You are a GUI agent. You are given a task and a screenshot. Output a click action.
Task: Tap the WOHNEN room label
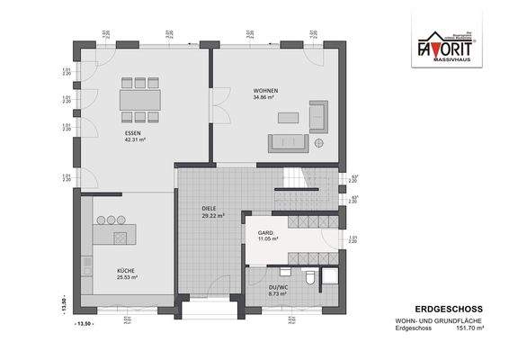click(x=264, y=92)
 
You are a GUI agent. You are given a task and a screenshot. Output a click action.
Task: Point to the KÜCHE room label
click(x=126, y=270)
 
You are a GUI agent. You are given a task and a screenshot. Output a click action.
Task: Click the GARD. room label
click(x=266, y=231)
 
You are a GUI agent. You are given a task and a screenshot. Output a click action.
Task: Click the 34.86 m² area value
click(x=264, y=99)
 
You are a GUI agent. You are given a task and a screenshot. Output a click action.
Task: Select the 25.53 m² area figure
click(x=127, y=277)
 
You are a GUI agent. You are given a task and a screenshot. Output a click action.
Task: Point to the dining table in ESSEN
click(x=140, y=97)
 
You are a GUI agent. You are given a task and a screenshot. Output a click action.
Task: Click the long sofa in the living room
click(x=287, y=142)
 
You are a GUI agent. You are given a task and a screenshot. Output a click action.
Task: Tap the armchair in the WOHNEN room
click(x=319, y=114)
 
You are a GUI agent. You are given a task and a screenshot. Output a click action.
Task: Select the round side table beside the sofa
click(x=319, y=143)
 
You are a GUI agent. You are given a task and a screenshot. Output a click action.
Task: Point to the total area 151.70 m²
click(x=471, y=328)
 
